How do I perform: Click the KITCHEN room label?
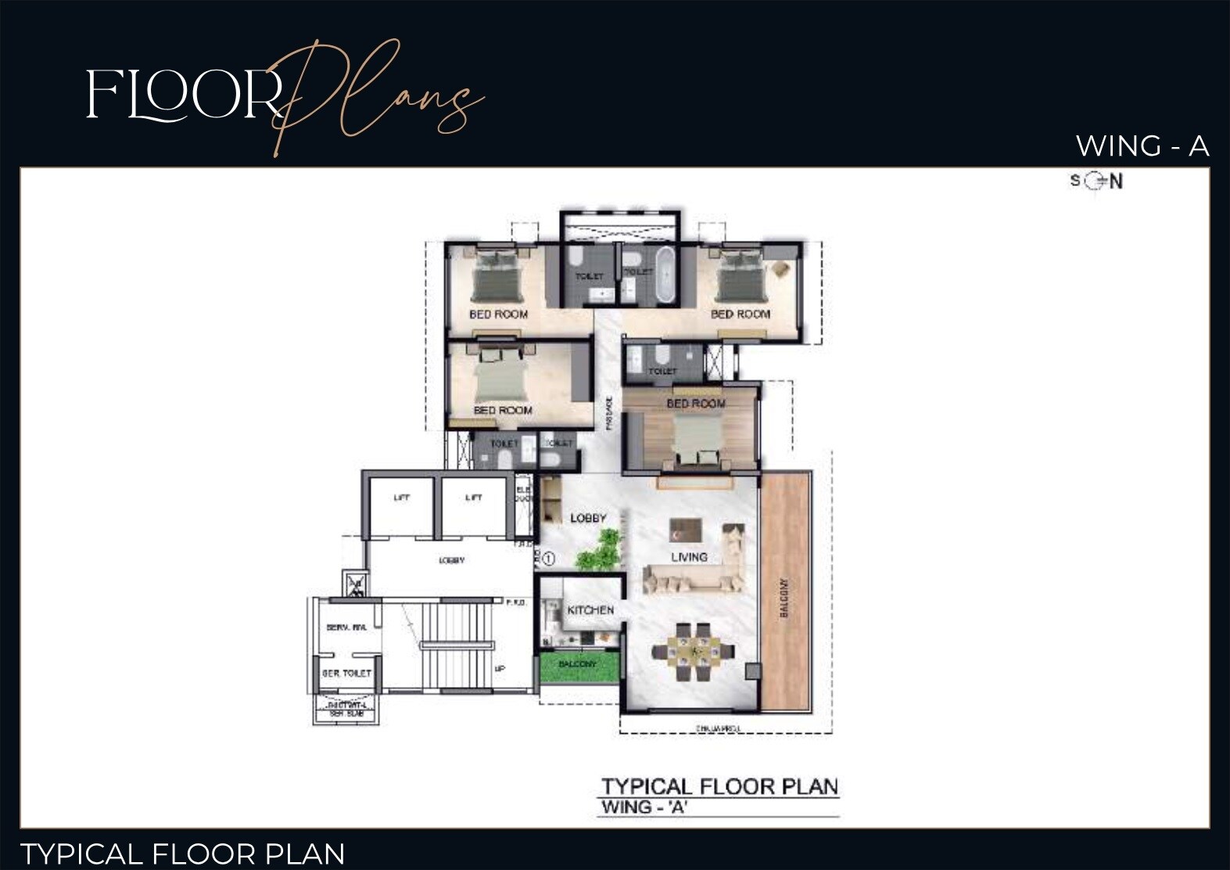[x=590, y=609]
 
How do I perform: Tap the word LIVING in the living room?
[x=689, y=557]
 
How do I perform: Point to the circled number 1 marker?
[x=548, y=559]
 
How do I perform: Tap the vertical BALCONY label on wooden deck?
[x=784, y=598]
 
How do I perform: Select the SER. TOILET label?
[x=346, y=673]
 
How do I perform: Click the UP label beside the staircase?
[x=500, y=669]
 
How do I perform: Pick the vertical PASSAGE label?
[x=609, y=412]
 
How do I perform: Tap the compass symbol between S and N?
[x=1095, y=182]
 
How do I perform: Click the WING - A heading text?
[x=1142, y=146]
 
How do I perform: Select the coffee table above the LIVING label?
[x=686, y=529]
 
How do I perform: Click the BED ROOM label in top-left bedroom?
[x=498, y=314]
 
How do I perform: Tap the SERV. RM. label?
[x=346, y=627]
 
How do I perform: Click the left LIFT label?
[x=401, y=498]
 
